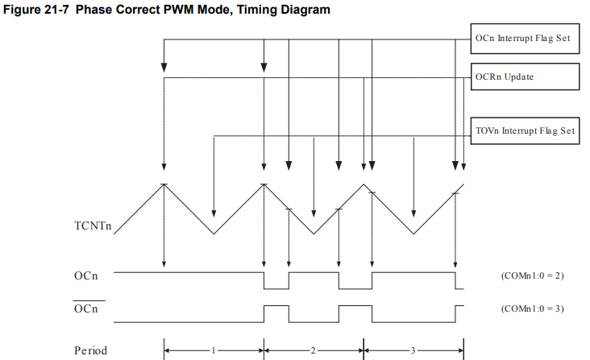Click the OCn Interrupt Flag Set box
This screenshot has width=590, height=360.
[x=525, y=37]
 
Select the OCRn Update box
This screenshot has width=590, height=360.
[x=525, y=77]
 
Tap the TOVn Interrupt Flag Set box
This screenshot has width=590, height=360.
[x=525, y=130]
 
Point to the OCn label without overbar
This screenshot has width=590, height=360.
[x=85, y=276]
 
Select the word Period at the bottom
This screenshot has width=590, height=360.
[x=90, y=350]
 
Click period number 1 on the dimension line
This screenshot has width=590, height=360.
[x=213, y=350]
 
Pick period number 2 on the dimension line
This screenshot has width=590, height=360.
[x=314, y=350]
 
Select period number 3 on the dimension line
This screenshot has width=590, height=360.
[x=413, y=350]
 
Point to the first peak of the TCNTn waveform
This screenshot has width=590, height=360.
[x=164, y=184]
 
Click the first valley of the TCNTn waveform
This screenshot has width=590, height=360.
[x=214, y=234]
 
